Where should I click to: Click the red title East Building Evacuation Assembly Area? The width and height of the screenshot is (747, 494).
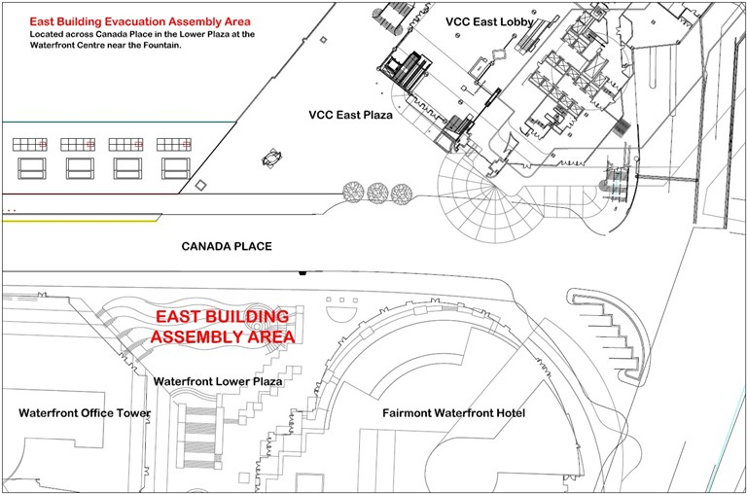pyautogui.click(x=140, y=21)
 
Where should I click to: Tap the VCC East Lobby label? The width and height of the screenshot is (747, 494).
pyautogui.click(x=489, y=22)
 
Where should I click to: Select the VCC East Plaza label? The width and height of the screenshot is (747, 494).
pyautogui.click(x=350, y=115)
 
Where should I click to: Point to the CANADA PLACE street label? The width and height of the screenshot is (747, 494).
pyautogui.click(x=227, y=246)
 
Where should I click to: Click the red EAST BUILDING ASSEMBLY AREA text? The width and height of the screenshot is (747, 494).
pyautogui.click(x=223, y=327)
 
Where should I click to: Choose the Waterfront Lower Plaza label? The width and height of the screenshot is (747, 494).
pyautogui.click(x=218, y=381)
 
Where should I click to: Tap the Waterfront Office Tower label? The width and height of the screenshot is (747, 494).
pyautogui.click(x=85, y=413)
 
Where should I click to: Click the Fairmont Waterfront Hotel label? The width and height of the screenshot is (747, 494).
pyautogui.click(x=454, y=413)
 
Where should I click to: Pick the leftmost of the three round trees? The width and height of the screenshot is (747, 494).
pyautogui.click(x=353, y=193)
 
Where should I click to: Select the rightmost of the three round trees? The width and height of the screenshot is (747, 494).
pyautogui.click(x=402, y=194)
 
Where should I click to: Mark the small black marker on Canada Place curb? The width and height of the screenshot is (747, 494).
pyautogui.click(x=302, y=273)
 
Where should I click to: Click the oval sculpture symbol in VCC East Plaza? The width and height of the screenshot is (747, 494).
pyautogui.click(x=272, y=159)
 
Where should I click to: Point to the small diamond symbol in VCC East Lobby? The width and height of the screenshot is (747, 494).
pyautogui.click(x=498, y=53)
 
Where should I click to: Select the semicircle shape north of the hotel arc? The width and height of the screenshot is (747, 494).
pyautogui.click(x=342, y=314)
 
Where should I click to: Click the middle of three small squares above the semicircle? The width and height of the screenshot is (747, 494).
pyautogui.click(x=342, y=300)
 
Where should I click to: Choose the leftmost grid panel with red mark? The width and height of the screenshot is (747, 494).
pyautogui.click(x=30, y=144)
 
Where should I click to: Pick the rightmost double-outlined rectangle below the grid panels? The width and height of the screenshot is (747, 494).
pyautogui.click(x=176, y=168)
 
